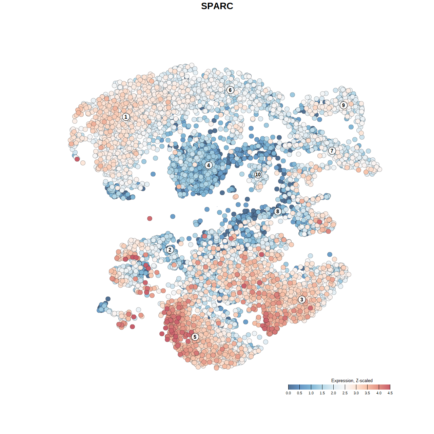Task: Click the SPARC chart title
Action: pos(217,6)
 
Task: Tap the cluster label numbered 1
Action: pos(126,117)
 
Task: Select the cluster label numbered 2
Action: pos(170,250)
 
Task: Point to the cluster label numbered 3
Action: pos(302,299)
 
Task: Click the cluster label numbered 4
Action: pos(209,165)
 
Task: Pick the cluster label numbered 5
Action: pos(195,337)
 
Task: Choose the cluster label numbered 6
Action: pos(230,90)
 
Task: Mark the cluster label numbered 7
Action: pos(332,151)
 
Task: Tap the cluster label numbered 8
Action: pos(278,212)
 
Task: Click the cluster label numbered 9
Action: pos(343,105)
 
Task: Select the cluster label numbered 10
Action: pos(258,175)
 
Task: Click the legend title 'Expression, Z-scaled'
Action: pos(352,380)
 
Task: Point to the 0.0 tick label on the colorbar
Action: pos(288,393)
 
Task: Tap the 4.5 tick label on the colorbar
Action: pos(390,393)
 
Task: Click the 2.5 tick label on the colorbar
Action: pos(345,393)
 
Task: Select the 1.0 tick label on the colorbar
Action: pos(311,393)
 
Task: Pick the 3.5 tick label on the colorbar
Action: pos(368,393)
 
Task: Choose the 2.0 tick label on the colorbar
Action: pos(334,393)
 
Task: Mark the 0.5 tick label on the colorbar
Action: pos(300,393)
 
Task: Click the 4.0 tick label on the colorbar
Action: pos(379,393)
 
